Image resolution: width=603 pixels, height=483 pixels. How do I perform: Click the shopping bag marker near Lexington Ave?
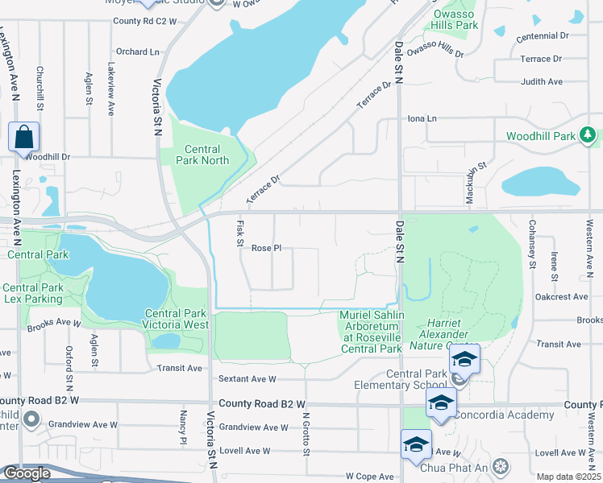(23, 138)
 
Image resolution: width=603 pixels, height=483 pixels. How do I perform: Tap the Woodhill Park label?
(541, 136)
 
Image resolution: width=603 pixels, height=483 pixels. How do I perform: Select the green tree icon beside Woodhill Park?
(589, 134)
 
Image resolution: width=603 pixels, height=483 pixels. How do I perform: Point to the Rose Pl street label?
(266, 249)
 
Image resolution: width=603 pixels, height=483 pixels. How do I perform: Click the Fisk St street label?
(240, 234)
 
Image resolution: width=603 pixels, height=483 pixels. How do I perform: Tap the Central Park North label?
(207, 155)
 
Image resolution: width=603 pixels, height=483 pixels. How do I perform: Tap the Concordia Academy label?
(504, 415)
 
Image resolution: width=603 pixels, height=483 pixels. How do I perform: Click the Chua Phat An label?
(462, 467)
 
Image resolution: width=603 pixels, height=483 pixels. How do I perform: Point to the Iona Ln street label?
(422, 118)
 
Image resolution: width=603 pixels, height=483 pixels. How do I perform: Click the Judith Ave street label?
(542, 81)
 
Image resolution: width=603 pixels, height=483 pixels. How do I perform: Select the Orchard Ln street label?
(137, 52)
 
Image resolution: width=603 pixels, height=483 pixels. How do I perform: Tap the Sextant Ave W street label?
(247, 378)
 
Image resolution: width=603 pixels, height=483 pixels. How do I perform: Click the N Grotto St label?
(306, 434)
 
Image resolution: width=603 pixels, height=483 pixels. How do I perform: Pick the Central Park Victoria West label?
(177, 319)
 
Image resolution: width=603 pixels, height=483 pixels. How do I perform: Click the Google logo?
(26, 473)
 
